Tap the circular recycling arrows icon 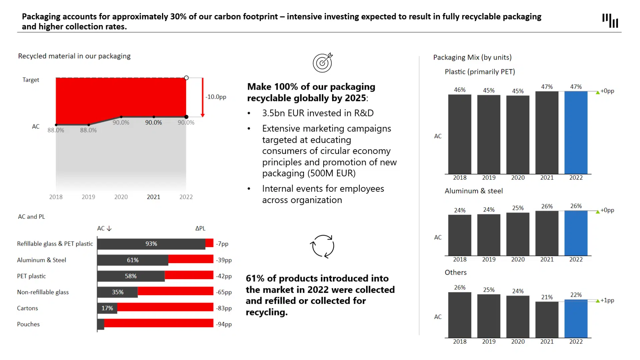click(x=322, y=246)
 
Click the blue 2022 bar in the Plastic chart click(x=576, y=132)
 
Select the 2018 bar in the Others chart click(x=459, y=315)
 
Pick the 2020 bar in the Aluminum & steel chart click(x=518, y=234)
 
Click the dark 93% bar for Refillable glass click(x=151, y=244)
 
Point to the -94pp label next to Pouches click(x=224, y=324)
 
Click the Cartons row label click(x=27, y=308)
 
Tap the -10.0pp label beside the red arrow click(x=216, y=97)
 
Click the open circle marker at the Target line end click(x=186, y=78)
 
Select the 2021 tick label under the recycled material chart click(x=153, y=197)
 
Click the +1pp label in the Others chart click(x=607, y=300)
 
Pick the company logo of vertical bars click(x=610, y=20)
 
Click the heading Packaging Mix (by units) click(x=472, y=57)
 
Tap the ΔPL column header click(x=200, y=228)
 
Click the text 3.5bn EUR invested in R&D click(x=318, y=113)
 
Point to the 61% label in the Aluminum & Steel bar click(x=133, y=260)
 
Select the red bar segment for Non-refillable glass click(x=175, y=292)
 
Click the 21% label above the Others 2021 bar click(x=547, y=297)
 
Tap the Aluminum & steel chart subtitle click(x=473, y=191)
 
